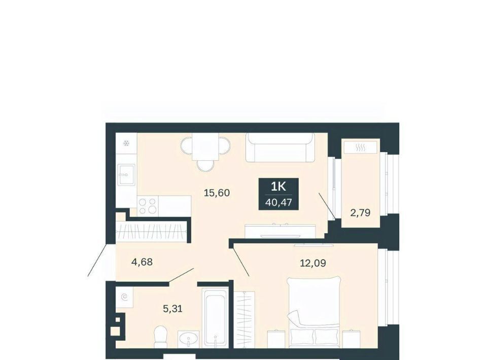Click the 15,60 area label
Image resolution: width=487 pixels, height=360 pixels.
(217, 193)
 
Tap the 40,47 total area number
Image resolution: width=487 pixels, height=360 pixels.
(279, 203)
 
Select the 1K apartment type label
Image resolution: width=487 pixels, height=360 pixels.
(279, 187)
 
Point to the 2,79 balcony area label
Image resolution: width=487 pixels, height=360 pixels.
(360, 212)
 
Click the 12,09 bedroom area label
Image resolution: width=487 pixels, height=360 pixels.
(313, 263)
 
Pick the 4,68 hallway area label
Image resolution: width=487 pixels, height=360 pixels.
(142, 262)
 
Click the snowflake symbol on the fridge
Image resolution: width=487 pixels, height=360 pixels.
(126, 143)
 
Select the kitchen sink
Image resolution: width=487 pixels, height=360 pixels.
(126, 175)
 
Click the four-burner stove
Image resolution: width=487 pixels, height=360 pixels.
(148, 206)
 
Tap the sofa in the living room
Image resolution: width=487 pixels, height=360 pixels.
(280, 148)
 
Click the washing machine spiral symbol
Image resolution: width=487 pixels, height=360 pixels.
(124, 297)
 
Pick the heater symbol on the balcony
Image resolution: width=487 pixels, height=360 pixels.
(360, 148)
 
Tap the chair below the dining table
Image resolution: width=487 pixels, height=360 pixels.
(205, 165)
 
